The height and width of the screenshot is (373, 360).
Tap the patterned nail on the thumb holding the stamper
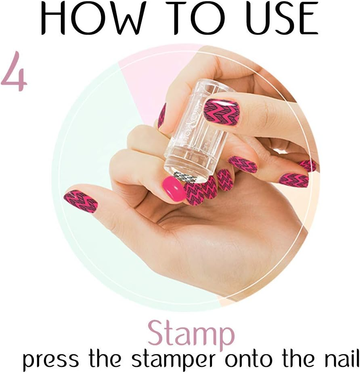click(x=221, y=112)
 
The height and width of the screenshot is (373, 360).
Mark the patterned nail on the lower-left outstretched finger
click(x=81, y=201)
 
